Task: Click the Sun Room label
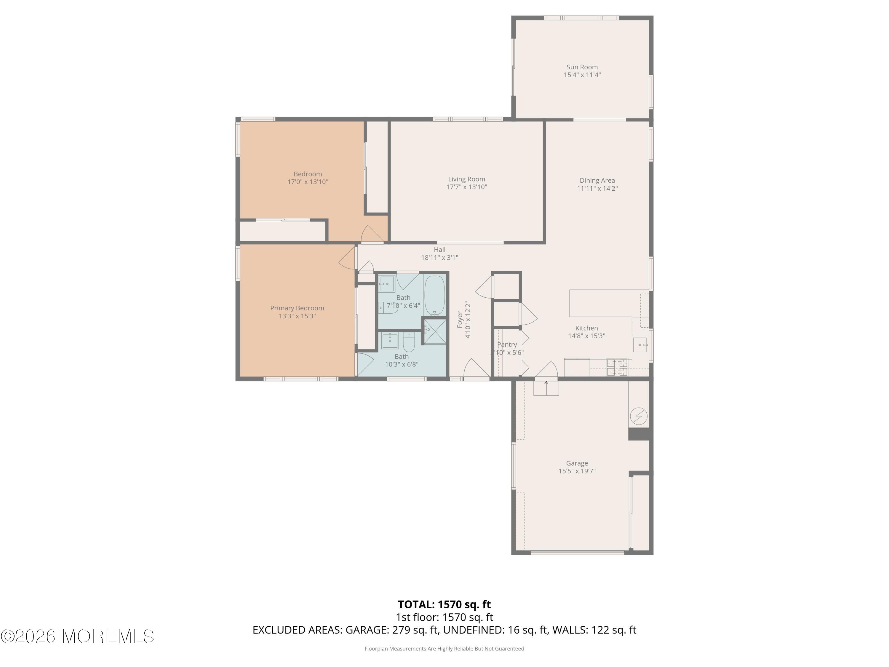coord(582,67)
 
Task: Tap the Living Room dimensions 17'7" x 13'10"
coord(467,187)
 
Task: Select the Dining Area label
coord(597,181)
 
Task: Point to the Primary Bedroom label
coord(297,308)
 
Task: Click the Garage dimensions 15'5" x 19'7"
coord(577,471)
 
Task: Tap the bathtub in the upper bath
coord(434,296)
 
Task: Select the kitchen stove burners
coord(617,367)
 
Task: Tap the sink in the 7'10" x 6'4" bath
coord(387,284)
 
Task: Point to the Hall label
coord(440,250)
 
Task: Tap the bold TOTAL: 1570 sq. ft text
coord(444,604)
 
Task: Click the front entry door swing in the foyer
coord(477,368)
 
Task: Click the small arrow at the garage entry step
coord(546,388)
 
